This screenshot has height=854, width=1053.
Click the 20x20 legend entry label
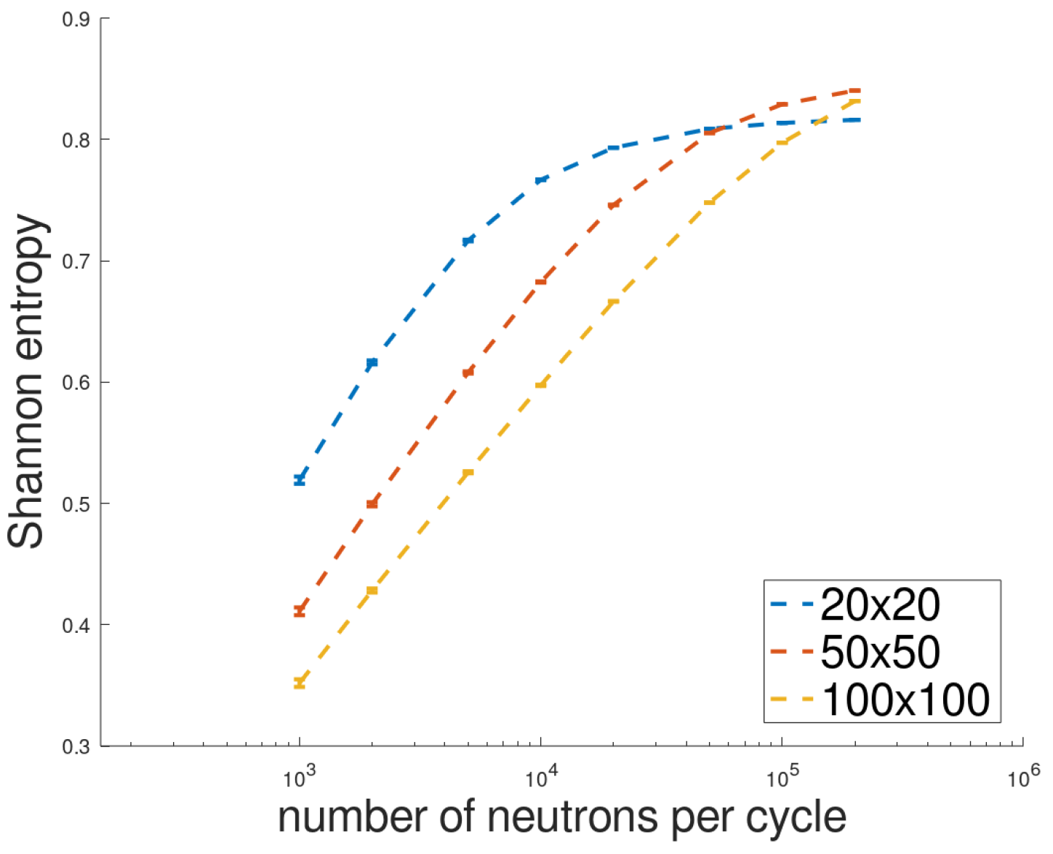[x=880, y=604]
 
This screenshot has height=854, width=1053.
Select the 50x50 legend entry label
[x=880, y=652]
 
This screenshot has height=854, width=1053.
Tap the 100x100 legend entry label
[x=905, y=700]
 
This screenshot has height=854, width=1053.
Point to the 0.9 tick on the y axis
[x=76, y=19]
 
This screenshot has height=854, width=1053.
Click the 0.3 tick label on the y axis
[x=76, y=746]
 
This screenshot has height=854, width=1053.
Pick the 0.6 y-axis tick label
[x=76, y=383]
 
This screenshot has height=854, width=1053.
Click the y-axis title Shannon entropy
[x=27, y=381]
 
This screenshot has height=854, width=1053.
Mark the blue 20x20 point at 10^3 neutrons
[x=300, y=480]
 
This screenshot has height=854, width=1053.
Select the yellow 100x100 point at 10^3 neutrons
[x=300, y=682]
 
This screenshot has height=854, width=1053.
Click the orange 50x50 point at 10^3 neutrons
[x=300, y=611]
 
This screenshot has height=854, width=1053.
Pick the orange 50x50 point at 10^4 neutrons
[x=541, y=281]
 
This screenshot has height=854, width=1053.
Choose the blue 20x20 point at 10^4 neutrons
[x=541, y=180]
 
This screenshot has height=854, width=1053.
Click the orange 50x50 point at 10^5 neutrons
[x=782, y=105]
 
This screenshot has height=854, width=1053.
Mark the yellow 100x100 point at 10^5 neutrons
[x=782, y=142]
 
